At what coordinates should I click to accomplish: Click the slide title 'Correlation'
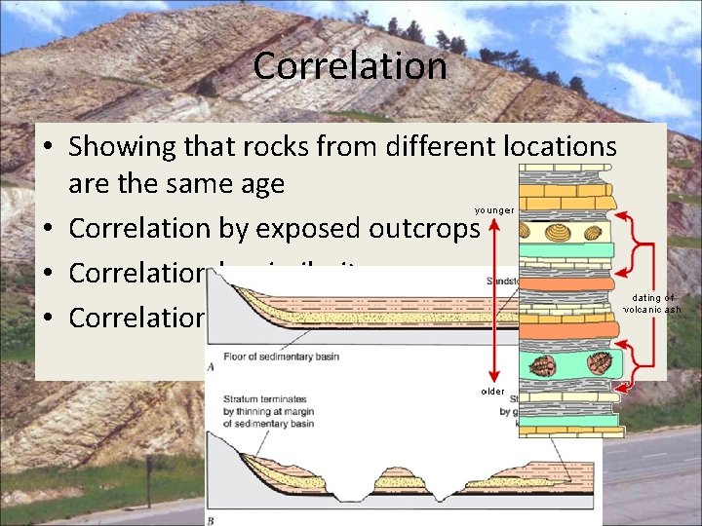[350, 66]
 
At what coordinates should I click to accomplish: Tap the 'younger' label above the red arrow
[494, 210]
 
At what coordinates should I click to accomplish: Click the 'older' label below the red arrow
[493, 392]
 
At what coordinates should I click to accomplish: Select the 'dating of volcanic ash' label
[653, 303]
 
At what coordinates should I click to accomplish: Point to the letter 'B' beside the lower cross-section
[212, 520]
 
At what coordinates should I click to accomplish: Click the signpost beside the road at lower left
[148, 475]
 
